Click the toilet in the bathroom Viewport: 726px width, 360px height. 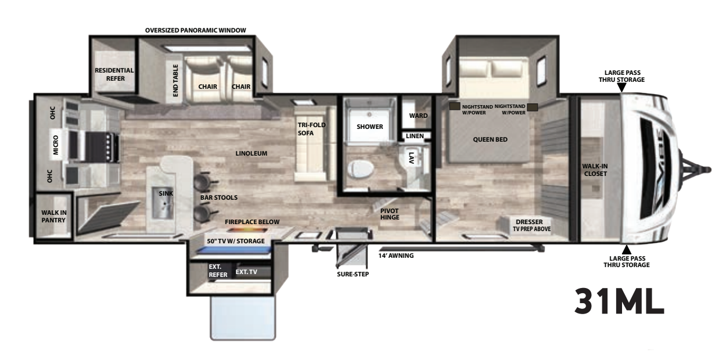click(361, 169)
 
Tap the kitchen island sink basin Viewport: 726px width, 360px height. click(163, 203)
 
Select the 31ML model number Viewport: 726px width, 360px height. click(619, 302)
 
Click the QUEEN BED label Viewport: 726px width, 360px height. click(490, 140)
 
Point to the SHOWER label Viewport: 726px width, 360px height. click(370, 127)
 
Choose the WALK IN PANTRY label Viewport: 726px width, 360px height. click(54, 217)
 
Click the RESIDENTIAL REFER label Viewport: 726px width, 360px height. click(114, 74)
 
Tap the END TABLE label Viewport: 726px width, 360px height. click(175, 80)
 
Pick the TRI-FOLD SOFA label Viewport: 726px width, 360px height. click(311, 129)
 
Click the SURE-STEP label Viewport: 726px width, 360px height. click(353, 274)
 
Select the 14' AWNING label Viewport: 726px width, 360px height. click(396, 255)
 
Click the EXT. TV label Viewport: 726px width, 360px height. click(246, 272)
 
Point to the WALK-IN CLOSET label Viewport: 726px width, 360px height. click(595, 170)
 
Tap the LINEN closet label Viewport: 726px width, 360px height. click(415, 136)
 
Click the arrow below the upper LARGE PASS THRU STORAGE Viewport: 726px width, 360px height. click(621, 88)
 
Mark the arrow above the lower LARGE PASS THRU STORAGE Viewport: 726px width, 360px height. click(627, 250)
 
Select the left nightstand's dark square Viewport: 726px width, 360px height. click(454, 106)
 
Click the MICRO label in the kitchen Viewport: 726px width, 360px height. click(55, 145)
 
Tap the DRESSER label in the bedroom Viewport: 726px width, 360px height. click(529, 222)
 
